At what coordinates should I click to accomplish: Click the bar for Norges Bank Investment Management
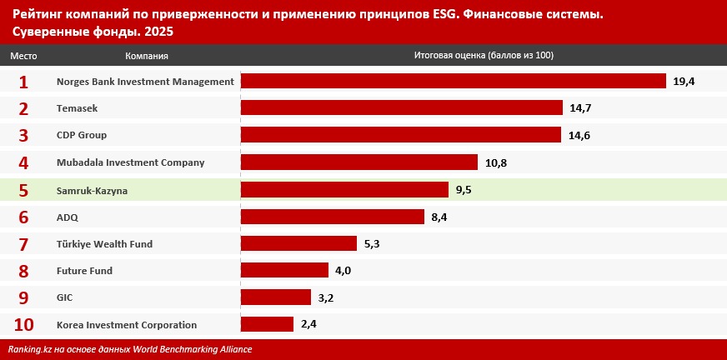click(453, 81)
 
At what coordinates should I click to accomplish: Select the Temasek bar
click(401, 108)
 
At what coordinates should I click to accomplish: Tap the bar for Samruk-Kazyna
click(344, 189)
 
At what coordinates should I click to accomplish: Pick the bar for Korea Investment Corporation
click(267, 324)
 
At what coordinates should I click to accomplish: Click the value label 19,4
click(684, 81)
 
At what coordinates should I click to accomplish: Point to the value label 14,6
click(579, 135)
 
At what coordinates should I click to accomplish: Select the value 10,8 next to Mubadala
click(496, 162)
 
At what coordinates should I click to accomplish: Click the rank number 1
click(23, 82)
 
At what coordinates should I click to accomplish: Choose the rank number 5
click(23, 190)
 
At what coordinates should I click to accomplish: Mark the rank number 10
click(23, 325)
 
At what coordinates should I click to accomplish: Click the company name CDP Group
click(82, 135)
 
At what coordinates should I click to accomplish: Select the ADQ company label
click(67, 217)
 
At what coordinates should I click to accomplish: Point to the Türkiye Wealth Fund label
click(104, 244)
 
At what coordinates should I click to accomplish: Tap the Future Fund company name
click(84, 271)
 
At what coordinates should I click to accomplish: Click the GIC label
click(64, 297)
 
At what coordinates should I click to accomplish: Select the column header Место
click(23, 56)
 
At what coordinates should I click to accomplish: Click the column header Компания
click(147, 56)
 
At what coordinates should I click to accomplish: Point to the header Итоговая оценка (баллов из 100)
click(484, 56)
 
